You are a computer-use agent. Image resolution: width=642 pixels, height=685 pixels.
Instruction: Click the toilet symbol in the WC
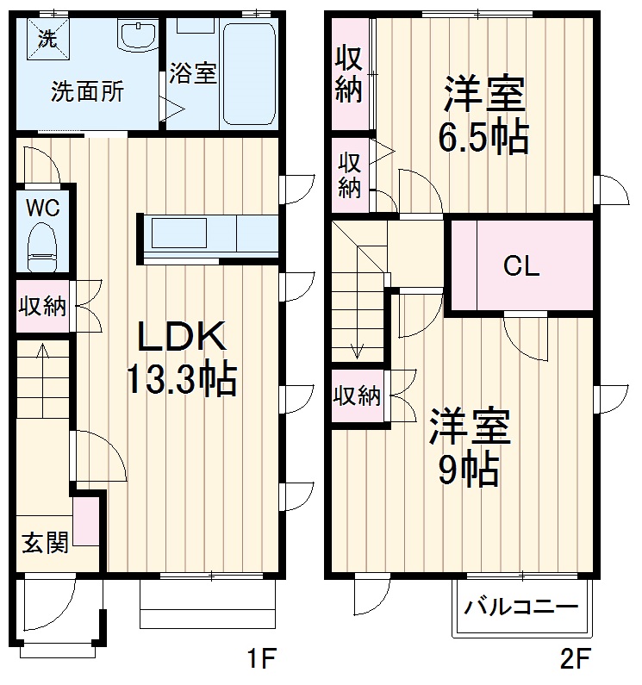click(41, 244)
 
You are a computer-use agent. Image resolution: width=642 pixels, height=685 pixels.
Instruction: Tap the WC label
click(41, 208)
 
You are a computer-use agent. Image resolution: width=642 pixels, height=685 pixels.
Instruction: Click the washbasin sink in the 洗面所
click(136, 37)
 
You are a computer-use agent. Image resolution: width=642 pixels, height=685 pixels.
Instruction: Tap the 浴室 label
click(191, 72)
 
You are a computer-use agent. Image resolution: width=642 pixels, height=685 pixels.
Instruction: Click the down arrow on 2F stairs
click(358, 348)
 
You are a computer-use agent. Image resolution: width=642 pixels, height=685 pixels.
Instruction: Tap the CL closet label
click(521, 266)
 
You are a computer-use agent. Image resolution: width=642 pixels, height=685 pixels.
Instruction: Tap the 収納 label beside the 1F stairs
click(42, 307)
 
